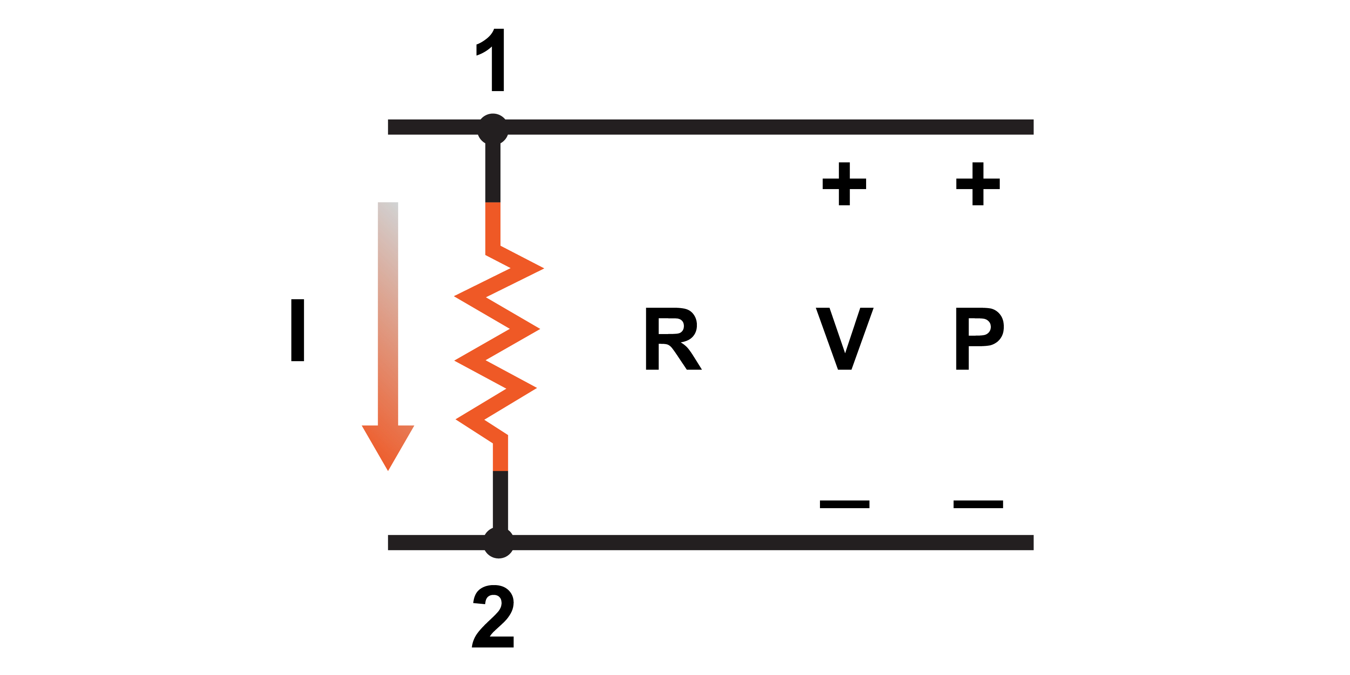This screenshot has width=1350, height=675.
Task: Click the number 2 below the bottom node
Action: click(493, 617)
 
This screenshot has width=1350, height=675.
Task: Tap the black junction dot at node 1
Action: click(493, 128)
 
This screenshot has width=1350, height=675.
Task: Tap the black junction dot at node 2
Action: click(498, 543)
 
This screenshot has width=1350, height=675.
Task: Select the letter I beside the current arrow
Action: click(297, 330)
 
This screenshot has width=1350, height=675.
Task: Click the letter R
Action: click(673, 339)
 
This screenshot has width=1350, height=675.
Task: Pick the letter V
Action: click(844, 339)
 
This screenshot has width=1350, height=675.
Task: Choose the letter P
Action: click(978, 339)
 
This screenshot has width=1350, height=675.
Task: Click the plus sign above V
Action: click(844, 184)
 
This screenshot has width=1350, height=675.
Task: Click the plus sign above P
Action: click(977, 184)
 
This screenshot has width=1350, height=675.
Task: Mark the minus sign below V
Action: click(844, 504)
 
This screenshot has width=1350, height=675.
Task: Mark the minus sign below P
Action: click(978, 504)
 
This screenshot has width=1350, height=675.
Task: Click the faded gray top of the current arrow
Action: click(388, 215)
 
